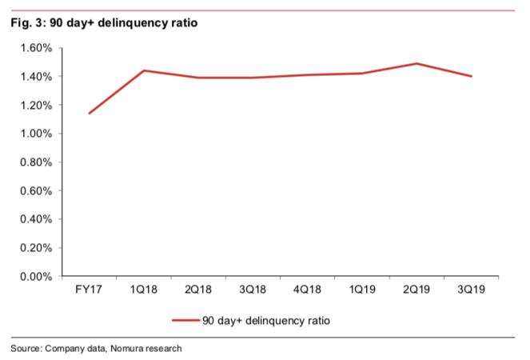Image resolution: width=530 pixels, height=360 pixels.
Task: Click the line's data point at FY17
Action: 89,113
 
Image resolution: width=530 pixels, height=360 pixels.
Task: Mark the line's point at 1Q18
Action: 143,70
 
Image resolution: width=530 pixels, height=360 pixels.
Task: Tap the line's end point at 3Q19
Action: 471,76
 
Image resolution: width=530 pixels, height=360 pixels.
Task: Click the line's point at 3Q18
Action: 253,78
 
